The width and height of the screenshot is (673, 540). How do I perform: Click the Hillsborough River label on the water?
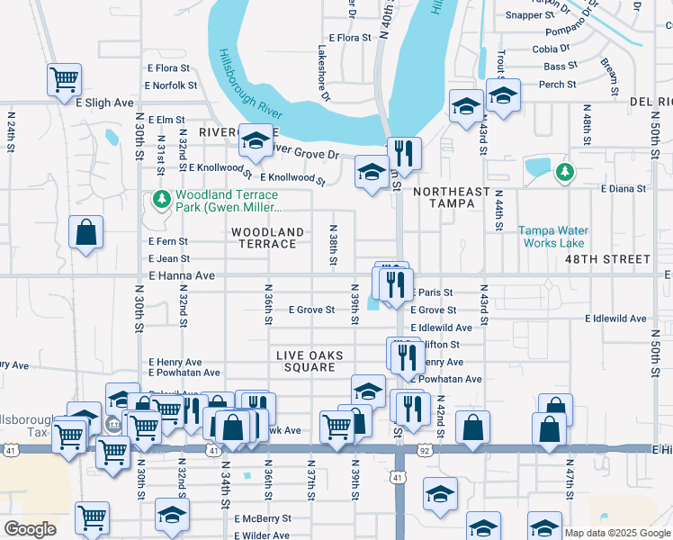click(x=251, y=85)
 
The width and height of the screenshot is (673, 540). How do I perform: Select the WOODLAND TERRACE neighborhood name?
click(x=268, y=238)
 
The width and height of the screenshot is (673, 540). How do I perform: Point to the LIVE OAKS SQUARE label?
click(x=310, y=363)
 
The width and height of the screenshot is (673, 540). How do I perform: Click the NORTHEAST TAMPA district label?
click(x=452, y=198)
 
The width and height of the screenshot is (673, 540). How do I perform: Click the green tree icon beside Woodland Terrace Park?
click(x=162, y=199)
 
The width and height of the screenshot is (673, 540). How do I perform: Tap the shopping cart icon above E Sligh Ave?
click(x=65, y=79)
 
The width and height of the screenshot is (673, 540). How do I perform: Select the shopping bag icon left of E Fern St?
click(x=85, y=232)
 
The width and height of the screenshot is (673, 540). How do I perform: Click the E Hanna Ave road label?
click(x=182, y=275)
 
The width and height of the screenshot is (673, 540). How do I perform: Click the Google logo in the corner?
click(x=30, y=529)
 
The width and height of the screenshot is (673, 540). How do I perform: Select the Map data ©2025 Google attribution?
click(x=616, y=533)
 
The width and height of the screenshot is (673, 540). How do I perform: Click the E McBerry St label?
click(x=263, y=518)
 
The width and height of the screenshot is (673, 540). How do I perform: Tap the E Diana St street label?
click(x=624, y=189)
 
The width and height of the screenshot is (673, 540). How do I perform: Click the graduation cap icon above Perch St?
click(x=504, y=94)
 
